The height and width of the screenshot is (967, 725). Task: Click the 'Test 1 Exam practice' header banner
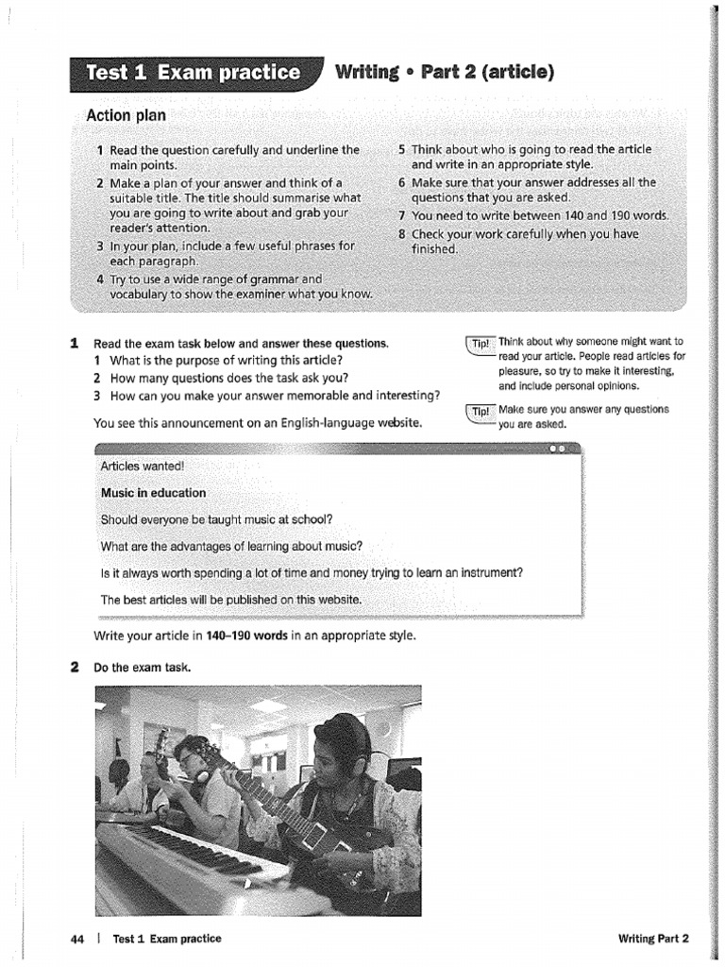click(x=194, y=74)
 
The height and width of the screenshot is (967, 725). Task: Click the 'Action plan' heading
click(x=126, y=115)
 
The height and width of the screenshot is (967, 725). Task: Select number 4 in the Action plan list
click(x=100, y=279)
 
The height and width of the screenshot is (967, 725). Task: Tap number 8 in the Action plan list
click(x=401, y=234)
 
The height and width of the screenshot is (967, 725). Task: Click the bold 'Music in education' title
click(x=153, y=493)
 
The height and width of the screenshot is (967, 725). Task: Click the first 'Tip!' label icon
click(x=480, y=343)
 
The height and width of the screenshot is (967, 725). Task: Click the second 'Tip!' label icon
click(x=480, y=411)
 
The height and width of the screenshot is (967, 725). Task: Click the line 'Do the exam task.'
click(x=143, y=668)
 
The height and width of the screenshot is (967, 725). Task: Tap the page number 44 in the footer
click(x=77, y=939)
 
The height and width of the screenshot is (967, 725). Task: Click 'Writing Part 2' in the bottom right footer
click(x=653, y=939)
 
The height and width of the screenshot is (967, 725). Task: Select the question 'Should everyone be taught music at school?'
click(x=216, y=519)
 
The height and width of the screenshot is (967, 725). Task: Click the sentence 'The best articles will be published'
click(x=230, y=600)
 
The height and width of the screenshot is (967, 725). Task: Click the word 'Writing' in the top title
click(x=367, y=73)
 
